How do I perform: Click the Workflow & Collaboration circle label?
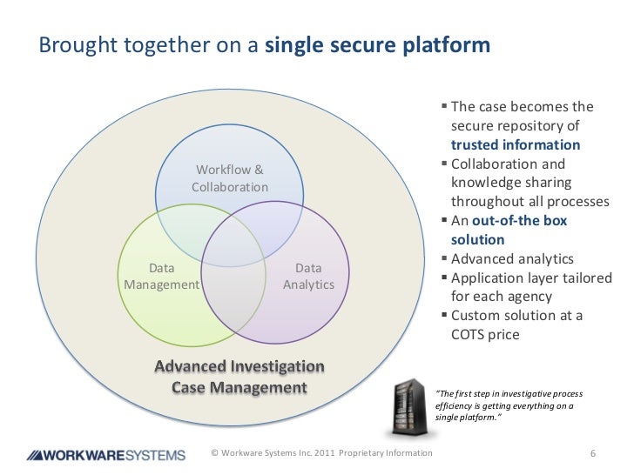coord(230,178)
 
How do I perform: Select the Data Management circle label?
coord(162,277)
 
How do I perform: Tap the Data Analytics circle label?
coord(308,277)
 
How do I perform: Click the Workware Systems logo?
coord(105,454)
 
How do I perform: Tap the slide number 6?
coord(592,454)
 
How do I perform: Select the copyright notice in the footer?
coord(321,454)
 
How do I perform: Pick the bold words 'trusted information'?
coord(515,145)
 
